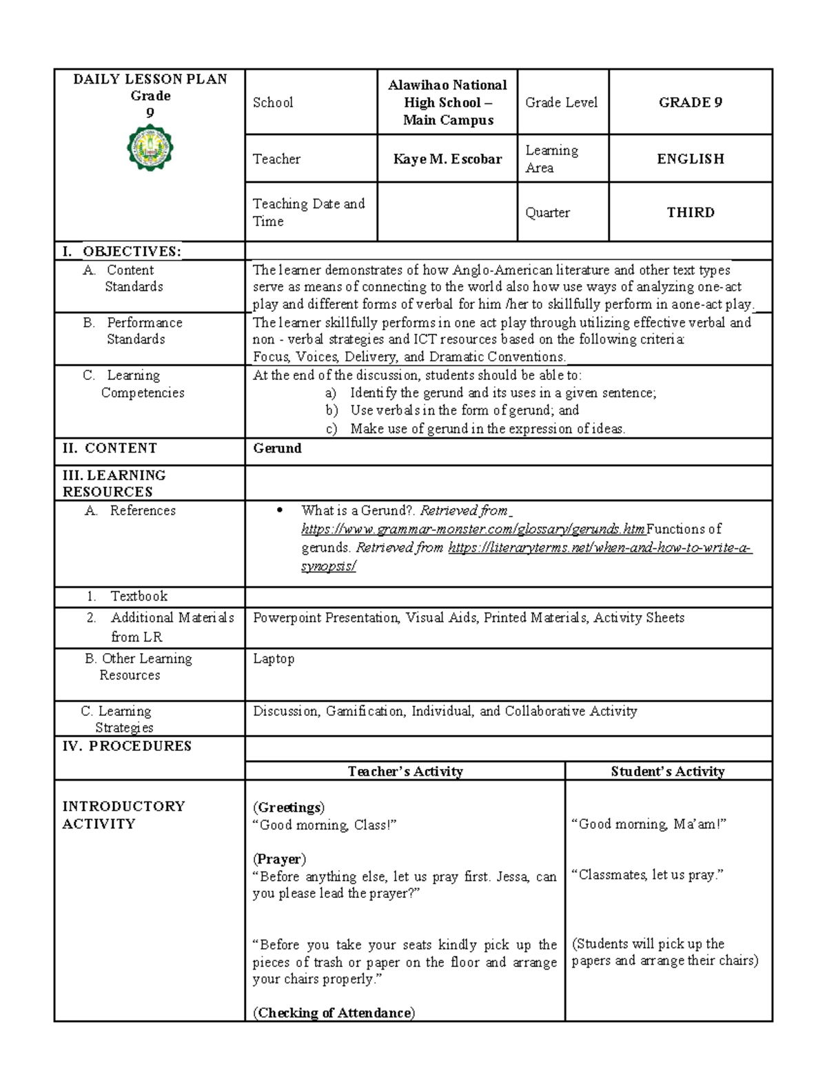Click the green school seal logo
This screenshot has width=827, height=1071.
pos(150,149)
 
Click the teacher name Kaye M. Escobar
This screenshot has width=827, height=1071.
pos(447,159)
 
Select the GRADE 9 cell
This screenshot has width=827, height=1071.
pos(690,103)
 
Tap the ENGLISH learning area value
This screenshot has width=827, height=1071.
pos(690,159)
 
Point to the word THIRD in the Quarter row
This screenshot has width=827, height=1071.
pos(690,212)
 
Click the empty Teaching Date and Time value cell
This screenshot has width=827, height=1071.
pos(447,212)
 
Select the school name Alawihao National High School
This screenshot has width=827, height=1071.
pos(447,103)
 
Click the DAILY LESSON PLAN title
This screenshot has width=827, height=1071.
pos(150,79)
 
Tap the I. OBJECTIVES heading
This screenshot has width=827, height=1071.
pos(122,252)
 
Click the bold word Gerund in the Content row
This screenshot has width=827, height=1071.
pos(277,448)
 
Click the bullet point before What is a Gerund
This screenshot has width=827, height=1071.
pos(279,511)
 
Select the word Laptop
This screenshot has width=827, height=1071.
pos(274,659)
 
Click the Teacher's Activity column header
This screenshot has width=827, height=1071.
pos(405,772)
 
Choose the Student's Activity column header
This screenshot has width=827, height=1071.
pos(667,772)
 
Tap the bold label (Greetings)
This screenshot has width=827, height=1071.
pos(289,808)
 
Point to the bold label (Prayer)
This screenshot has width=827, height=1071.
pos(279,859)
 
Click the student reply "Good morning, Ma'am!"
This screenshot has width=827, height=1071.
pos(649,824)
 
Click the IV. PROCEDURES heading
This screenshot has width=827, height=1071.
pos(127,746)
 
